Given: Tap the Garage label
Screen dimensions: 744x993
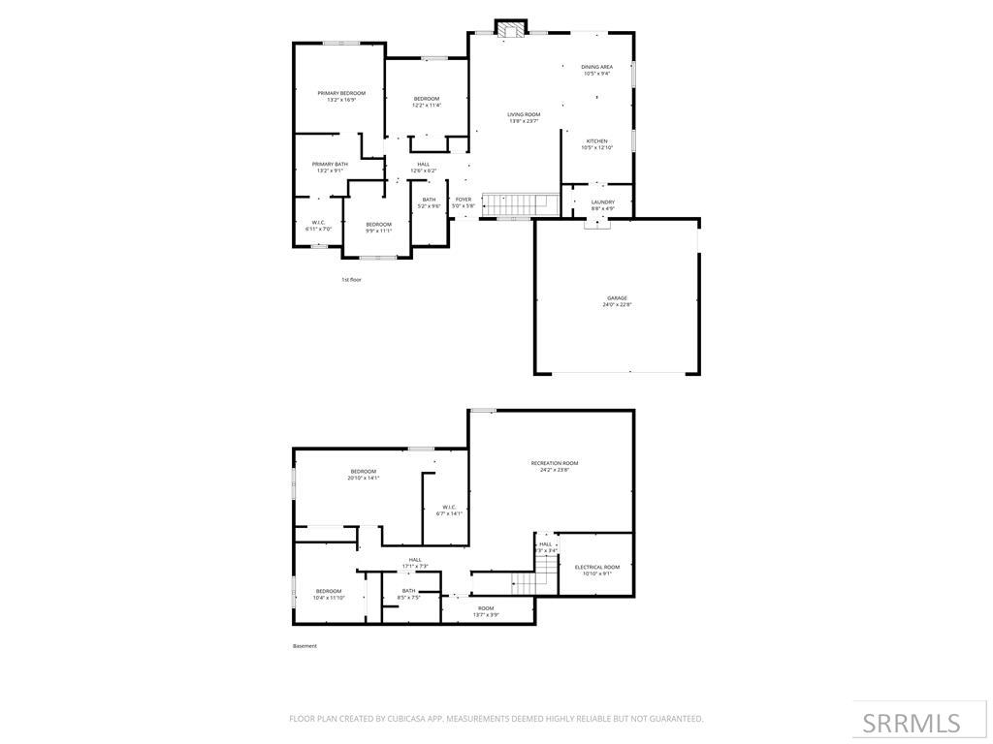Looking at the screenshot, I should point(617,297).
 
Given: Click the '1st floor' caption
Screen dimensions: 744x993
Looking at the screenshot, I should point(351,280).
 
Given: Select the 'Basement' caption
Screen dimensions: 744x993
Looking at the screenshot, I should point(304,646).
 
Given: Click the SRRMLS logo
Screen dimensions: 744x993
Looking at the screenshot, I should point(912,723).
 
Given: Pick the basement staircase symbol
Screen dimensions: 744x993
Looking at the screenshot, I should point(524,583).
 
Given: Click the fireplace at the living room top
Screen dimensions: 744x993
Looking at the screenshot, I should point(511,29).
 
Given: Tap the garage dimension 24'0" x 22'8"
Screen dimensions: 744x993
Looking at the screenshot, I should point(617,305).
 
